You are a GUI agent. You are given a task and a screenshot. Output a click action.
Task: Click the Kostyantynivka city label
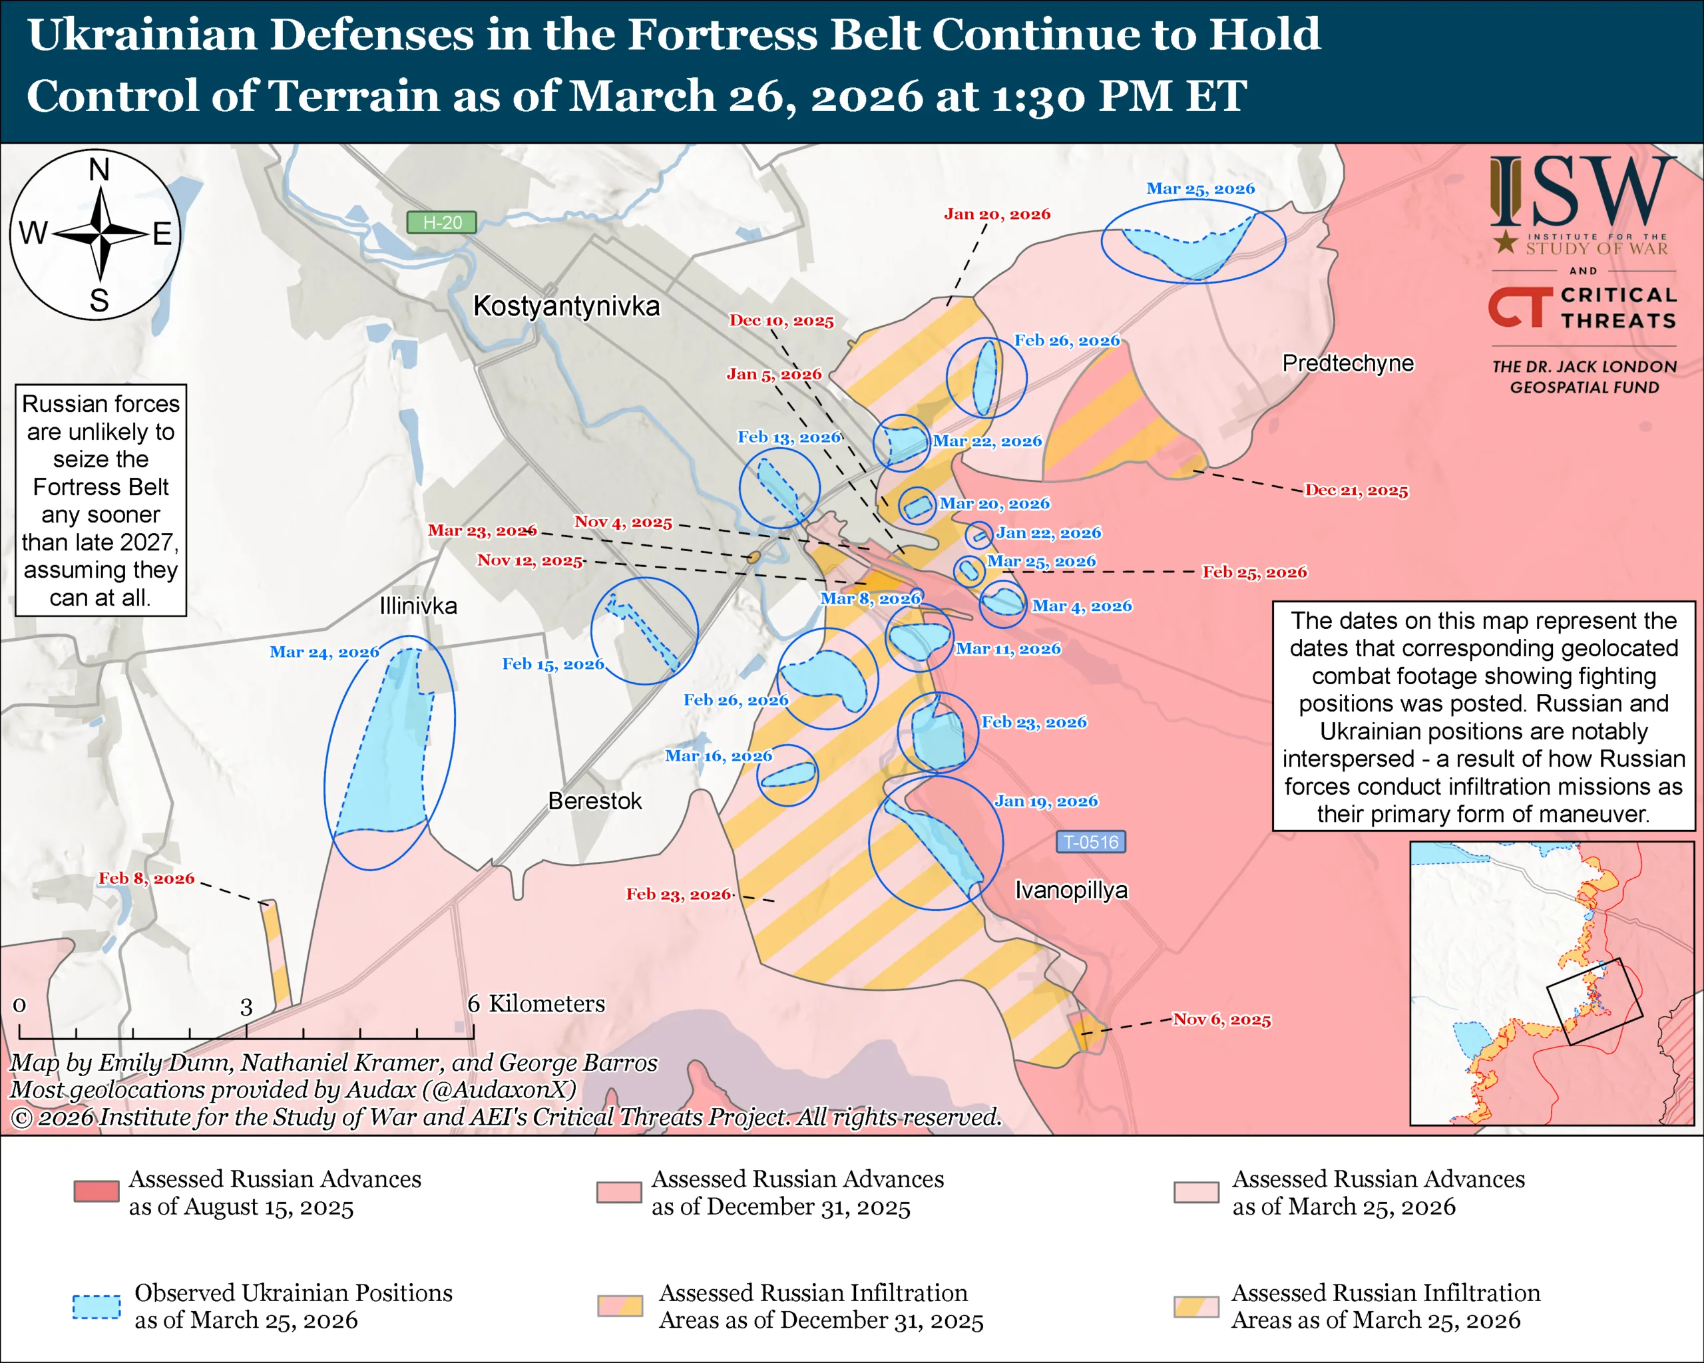(x=566, y=305)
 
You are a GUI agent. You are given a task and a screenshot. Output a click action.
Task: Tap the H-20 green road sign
(x=441, y=223)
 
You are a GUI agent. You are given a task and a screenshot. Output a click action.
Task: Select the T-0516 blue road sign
(x=1091, y=843)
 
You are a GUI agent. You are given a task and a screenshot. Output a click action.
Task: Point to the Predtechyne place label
(x=1347, y=363)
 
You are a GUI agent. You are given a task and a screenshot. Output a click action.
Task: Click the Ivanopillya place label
(x=1071, y=890)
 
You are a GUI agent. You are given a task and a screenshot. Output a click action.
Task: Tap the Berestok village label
(x=594, y=801)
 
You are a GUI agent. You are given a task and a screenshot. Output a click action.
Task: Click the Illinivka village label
(x=418, y=606)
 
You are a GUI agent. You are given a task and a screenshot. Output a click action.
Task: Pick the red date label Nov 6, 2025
(x=1221, y=1020)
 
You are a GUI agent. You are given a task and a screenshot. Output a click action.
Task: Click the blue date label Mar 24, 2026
(x=324, y=652)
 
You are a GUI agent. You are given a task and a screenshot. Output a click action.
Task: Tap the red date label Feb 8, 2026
(x=146, y=878)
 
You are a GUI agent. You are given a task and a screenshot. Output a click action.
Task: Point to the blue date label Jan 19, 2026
(x=1046, y=801)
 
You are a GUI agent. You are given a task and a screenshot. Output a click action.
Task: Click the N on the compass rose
(x=99, y=170)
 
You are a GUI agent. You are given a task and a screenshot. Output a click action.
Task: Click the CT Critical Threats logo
(x=1582, y=308)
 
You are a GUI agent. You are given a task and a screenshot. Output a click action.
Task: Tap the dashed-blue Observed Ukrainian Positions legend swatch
(x=97, y=1307)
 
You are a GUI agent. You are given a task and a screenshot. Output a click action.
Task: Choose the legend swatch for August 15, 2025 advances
(x=97, y=1191)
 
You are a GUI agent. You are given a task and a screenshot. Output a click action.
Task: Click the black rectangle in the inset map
(x=1594, y=1001)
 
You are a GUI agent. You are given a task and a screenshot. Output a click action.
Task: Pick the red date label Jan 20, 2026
(x=996, y=214)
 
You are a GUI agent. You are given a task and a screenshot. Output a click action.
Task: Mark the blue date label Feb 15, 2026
(x=552, y=664)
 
